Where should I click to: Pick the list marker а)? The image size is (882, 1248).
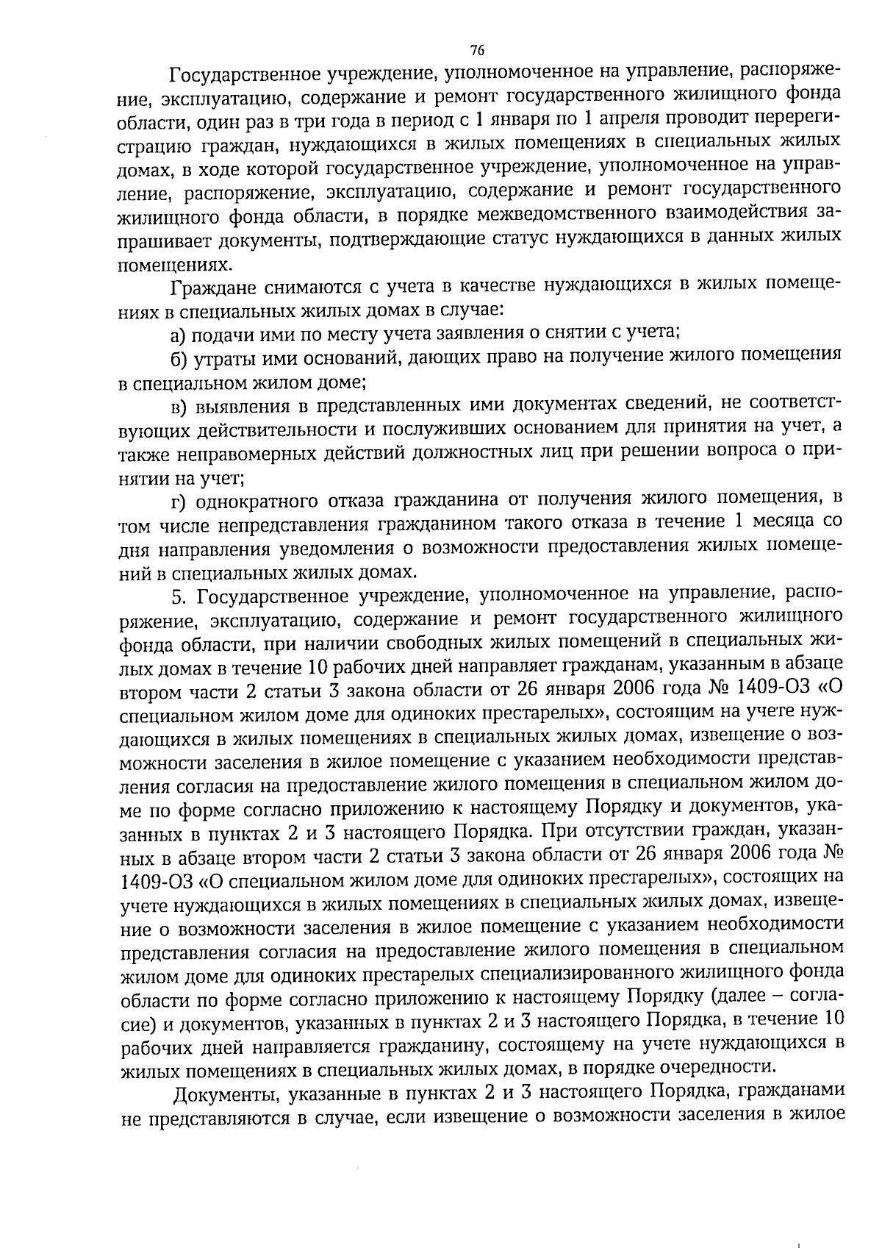180,333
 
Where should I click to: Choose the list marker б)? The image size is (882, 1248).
180,357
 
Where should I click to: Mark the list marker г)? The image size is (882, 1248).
179,501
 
